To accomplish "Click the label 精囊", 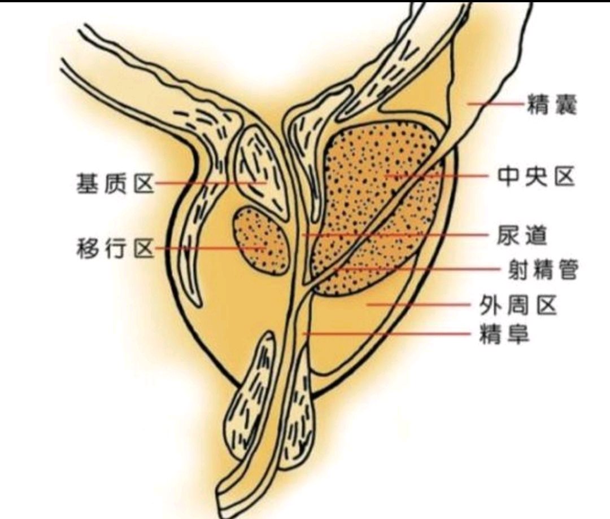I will [x=552, y=105].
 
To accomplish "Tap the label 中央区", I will [x=535, y=177].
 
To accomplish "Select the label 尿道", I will [x=522, y=235].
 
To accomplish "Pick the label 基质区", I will [x=115, y=184].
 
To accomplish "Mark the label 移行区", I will [x=115, y=249].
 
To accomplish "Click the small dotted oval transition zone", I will [x=262, y=239].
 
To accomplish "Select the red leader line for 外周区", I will [x=421, y=305].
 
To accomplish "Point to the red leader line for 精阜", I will [x=390, y=333].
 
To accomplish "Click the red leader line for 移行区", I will [x=209, y=248].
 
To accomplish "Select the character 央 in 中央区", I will [x=535, y=177].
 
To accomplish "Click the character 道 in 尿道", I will [x=535, y=235].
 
